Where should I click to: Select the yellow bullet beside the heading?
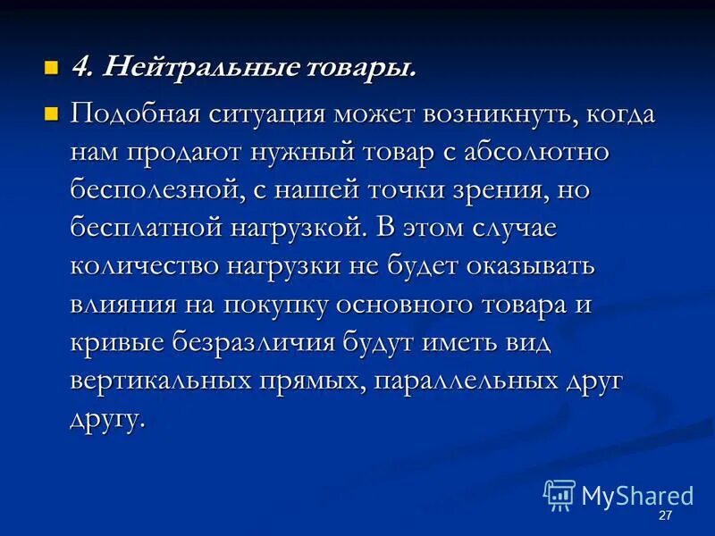(51, 67)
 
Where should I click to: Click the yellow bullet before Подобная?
(51, 114)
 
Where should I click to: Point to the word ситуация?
(261, 116)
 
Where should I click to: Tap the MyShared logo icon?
(559, 495)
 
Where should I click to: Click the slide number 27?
(664, 517)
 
